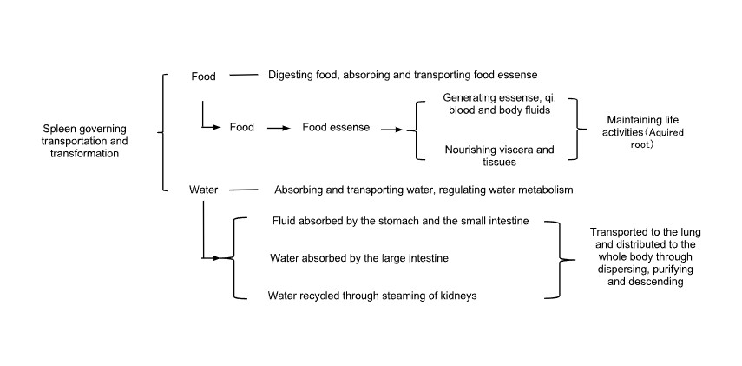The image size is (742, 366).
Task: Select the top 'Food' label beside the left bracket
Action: [203, 76]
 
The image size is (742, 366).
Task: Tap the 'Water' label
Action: [203, 189]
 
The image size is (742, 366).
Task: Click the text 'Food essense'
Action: [336, 127]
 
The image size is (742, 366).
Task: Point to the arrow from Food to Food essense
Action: [278, 127]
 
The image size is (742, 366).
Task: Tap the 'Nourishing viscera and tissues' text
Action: [499, 156]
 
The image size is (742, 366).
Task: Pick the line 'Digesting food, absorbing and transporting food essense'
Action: [408, 75]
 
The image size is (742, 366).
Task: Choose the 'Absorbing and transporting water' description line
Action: [424, 189]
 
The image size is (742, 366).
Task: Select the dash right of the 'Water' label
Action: [243, 189]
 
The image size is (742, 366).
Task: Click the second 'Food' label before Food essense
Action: [241, 127]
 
